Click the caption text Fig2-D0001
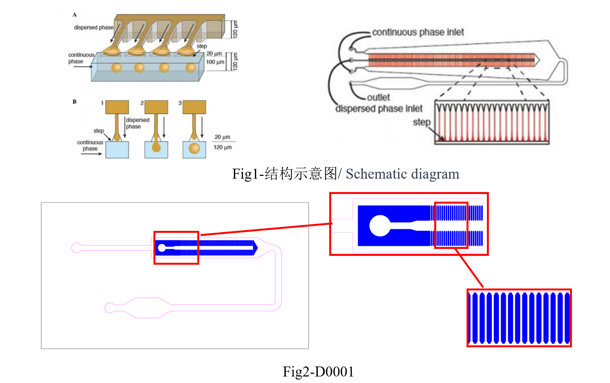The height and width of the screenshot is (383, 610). (x=318, y=371)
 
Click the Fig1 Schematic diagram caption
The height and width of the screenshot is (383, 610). (x=345, y=174)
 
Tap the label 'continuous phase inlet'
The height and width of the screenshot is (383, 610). (x=418, y=32)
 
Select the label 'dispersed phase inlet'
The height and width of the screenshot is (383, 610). (x=379, y=109)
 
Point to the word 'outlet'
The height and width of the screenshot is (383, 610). (x=378, y=97)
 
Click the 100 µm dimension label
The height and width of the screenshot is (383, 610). (x=215, y=62)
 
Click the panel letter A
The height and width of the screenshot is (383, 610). (x=75, y=15)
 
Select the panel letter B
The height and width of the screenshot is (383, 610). (x=75, y=101)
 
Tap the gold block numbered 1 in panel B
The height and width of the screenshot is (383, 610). (x=117, y=107)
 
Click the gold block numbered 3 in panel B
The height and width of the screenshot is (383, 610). (x=194, y=107)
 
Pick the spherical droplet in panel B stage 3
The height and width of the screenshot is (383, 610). (x=194, y=148)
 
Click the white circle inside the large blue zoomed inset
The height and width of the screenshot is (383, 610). (x=380, y=225)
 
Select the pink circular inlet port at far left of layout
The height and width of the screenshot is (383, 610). (x=76, y=248)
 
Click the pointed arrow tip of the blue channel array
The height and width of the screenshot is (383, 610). (x=256, y=248)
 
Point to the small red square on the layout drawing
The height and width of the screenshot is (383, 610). (x=176, y=248)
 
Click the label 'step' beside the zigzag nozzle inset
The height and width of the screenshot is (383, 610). (x=422, y=122)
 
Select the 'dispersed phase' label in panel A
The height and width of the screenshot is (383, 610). (x=93, y=27)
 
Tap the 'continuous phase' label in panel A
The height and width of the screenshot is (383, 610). (x=81, y=58)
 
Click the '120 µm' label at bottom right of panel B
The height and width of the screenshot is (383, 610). (x=222, y=147)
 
